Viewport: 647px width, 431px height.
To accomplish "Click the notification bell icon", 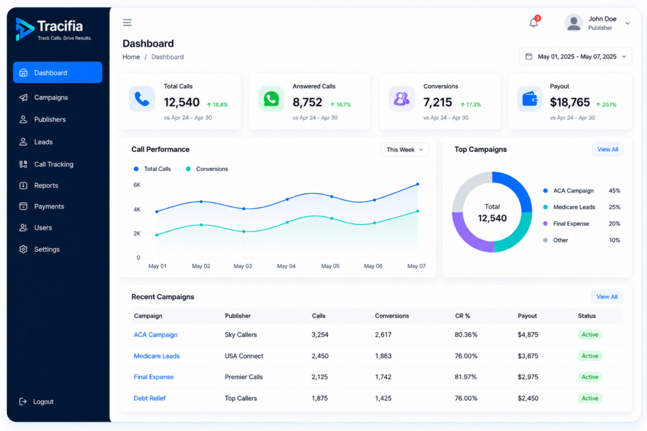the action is tap(534, 22).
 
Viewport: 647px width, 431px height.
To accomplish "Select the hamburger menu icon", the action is tap(127, 23).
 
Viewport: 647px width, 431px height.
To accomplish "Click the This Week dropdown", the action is tap(404, 150).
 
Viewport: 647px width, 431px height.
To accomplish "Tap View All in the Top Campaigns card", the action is tap(607, 150).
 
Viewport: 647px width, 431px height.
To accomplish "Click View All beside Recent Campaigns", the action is tap(607, 297).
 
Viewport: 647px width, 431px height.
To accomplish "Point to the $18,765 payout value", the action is tap(569, 102).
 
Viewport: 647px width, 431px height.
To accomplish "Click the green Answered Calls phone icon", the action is tap(271, 99).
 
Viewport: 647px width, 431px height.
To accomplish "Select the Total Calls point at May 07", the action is tap(418, 184).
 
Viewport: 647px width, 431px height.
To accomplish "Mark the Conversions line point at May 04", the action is tap(287, 222).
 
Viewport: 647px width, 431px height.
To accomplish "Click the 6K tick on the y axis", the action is tap(137, 185).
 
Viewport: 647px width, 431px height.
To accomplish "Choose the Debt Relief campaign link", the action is tap(149, 398).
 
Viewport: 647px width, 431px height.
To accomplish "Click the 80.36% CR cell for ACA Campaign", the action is tap(466, 334).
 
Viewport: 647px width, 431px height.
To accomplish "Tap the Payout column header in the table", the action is tap(527, 316).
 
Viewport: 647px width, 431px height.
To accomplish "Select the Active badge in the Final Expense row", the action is tap(590, 377).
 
